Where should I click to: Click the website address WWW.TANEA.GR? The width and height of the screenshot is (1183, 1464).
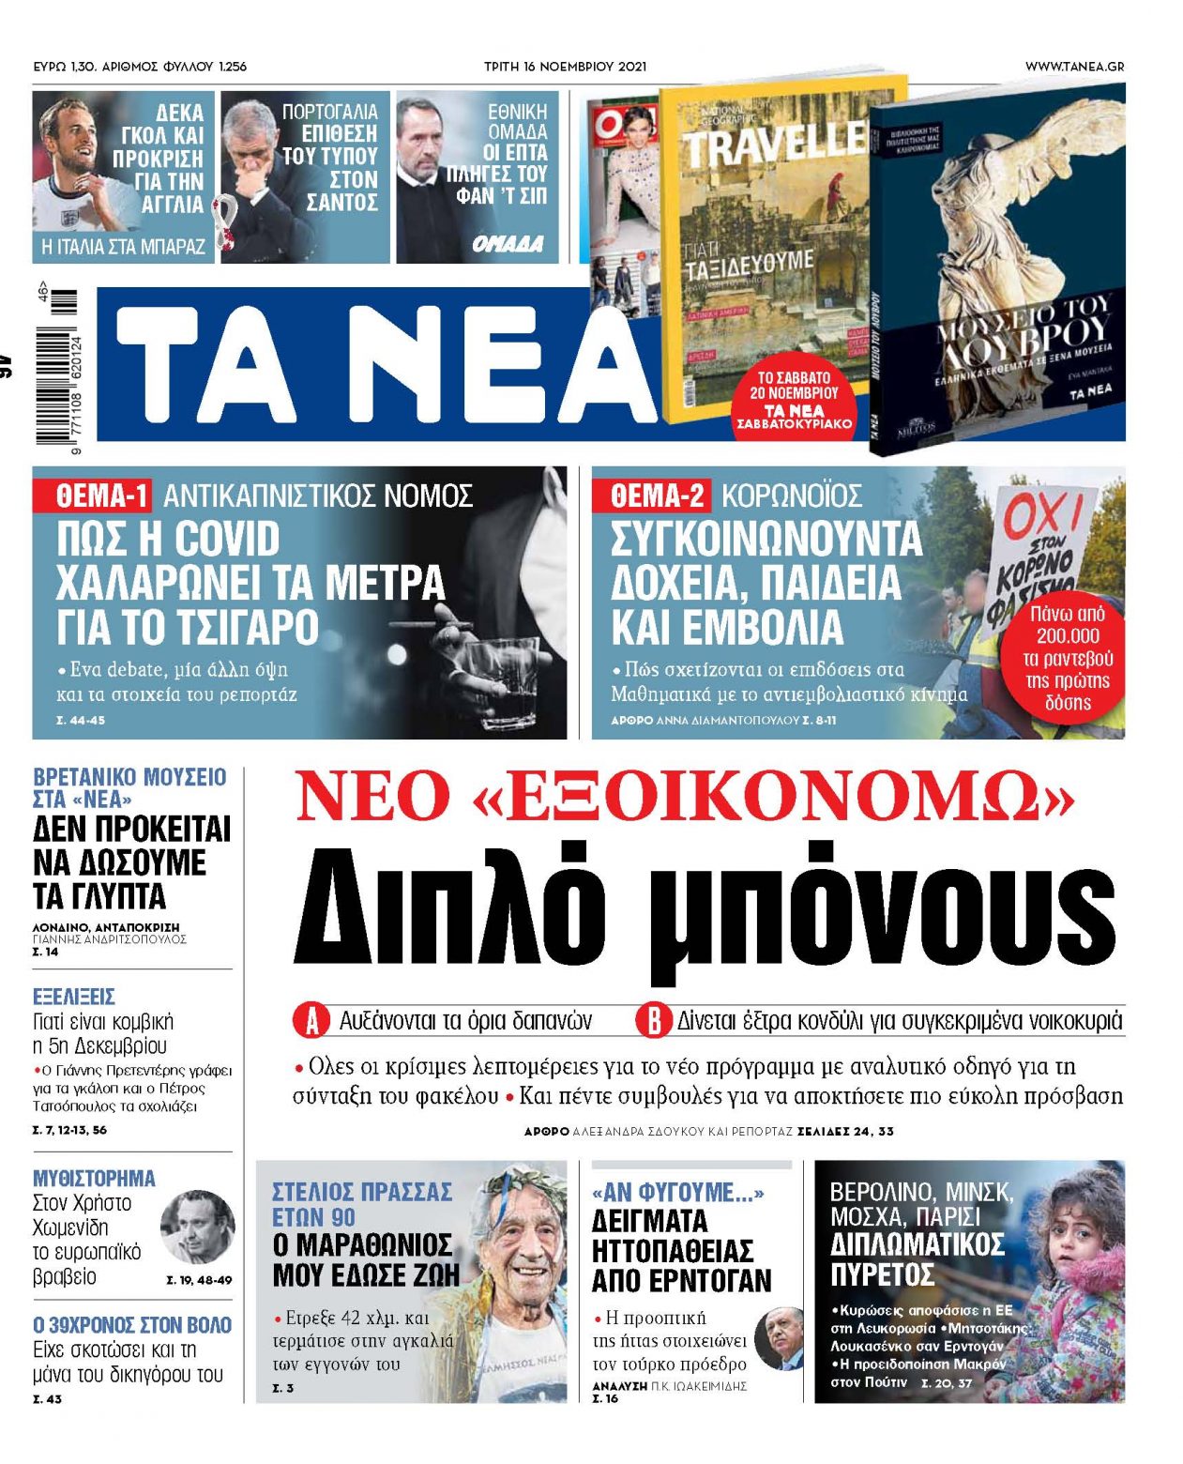coord(1074,67)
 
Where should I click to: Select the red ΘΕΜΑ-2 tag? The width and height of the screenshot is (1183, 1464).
coord(650,495)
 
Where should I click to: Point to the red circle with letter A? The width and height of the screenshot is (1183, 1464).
coord(311,1021)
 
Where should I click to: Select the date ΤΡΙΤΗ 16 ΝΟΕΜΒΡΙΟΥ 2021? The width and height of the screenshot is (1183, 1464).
coord(565,67)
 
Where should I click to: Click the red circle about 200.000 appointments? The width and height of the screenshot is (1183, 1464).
coord(1068,657)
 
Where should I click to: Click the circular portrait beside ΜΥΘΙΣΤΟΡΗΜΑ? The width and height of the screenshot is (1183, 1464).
coord(197,1227)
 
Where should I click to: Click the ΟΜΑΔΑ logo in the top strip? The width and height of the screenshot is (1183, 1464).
coord(508,245)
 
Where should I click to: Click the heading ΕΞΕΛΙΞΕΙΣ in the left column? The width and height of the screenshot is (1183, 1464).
coord(74,997)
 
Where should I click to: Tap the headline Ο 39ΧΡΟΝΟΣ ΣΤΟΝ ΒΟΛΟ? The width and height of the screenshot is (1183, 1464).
coord(132,1325)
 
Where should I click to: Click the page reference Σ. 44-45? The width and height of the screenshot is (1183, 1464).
coord(81,721)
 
